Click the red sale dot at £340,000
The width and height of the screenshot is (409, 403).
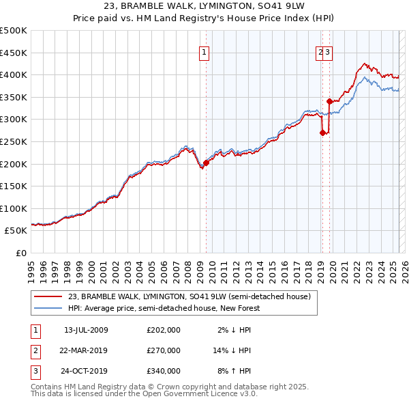[329, 101]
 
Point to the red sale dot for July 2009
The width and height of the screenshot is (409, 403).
[206, 163]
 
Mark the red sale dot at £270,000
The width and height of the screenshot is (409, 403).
[322, 133]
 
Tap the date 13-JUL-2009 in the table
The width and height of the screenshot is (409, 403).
[86, 331]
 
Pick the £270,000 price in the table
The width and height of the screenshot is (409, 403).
[164, 350]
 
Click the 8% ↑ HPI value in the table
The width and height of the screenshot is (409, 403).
[234, 371]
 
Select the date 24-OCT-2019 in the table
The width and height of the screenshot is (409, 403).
[86, 371]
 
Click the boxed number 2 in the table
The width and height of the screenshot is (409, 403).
[35, 350]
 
